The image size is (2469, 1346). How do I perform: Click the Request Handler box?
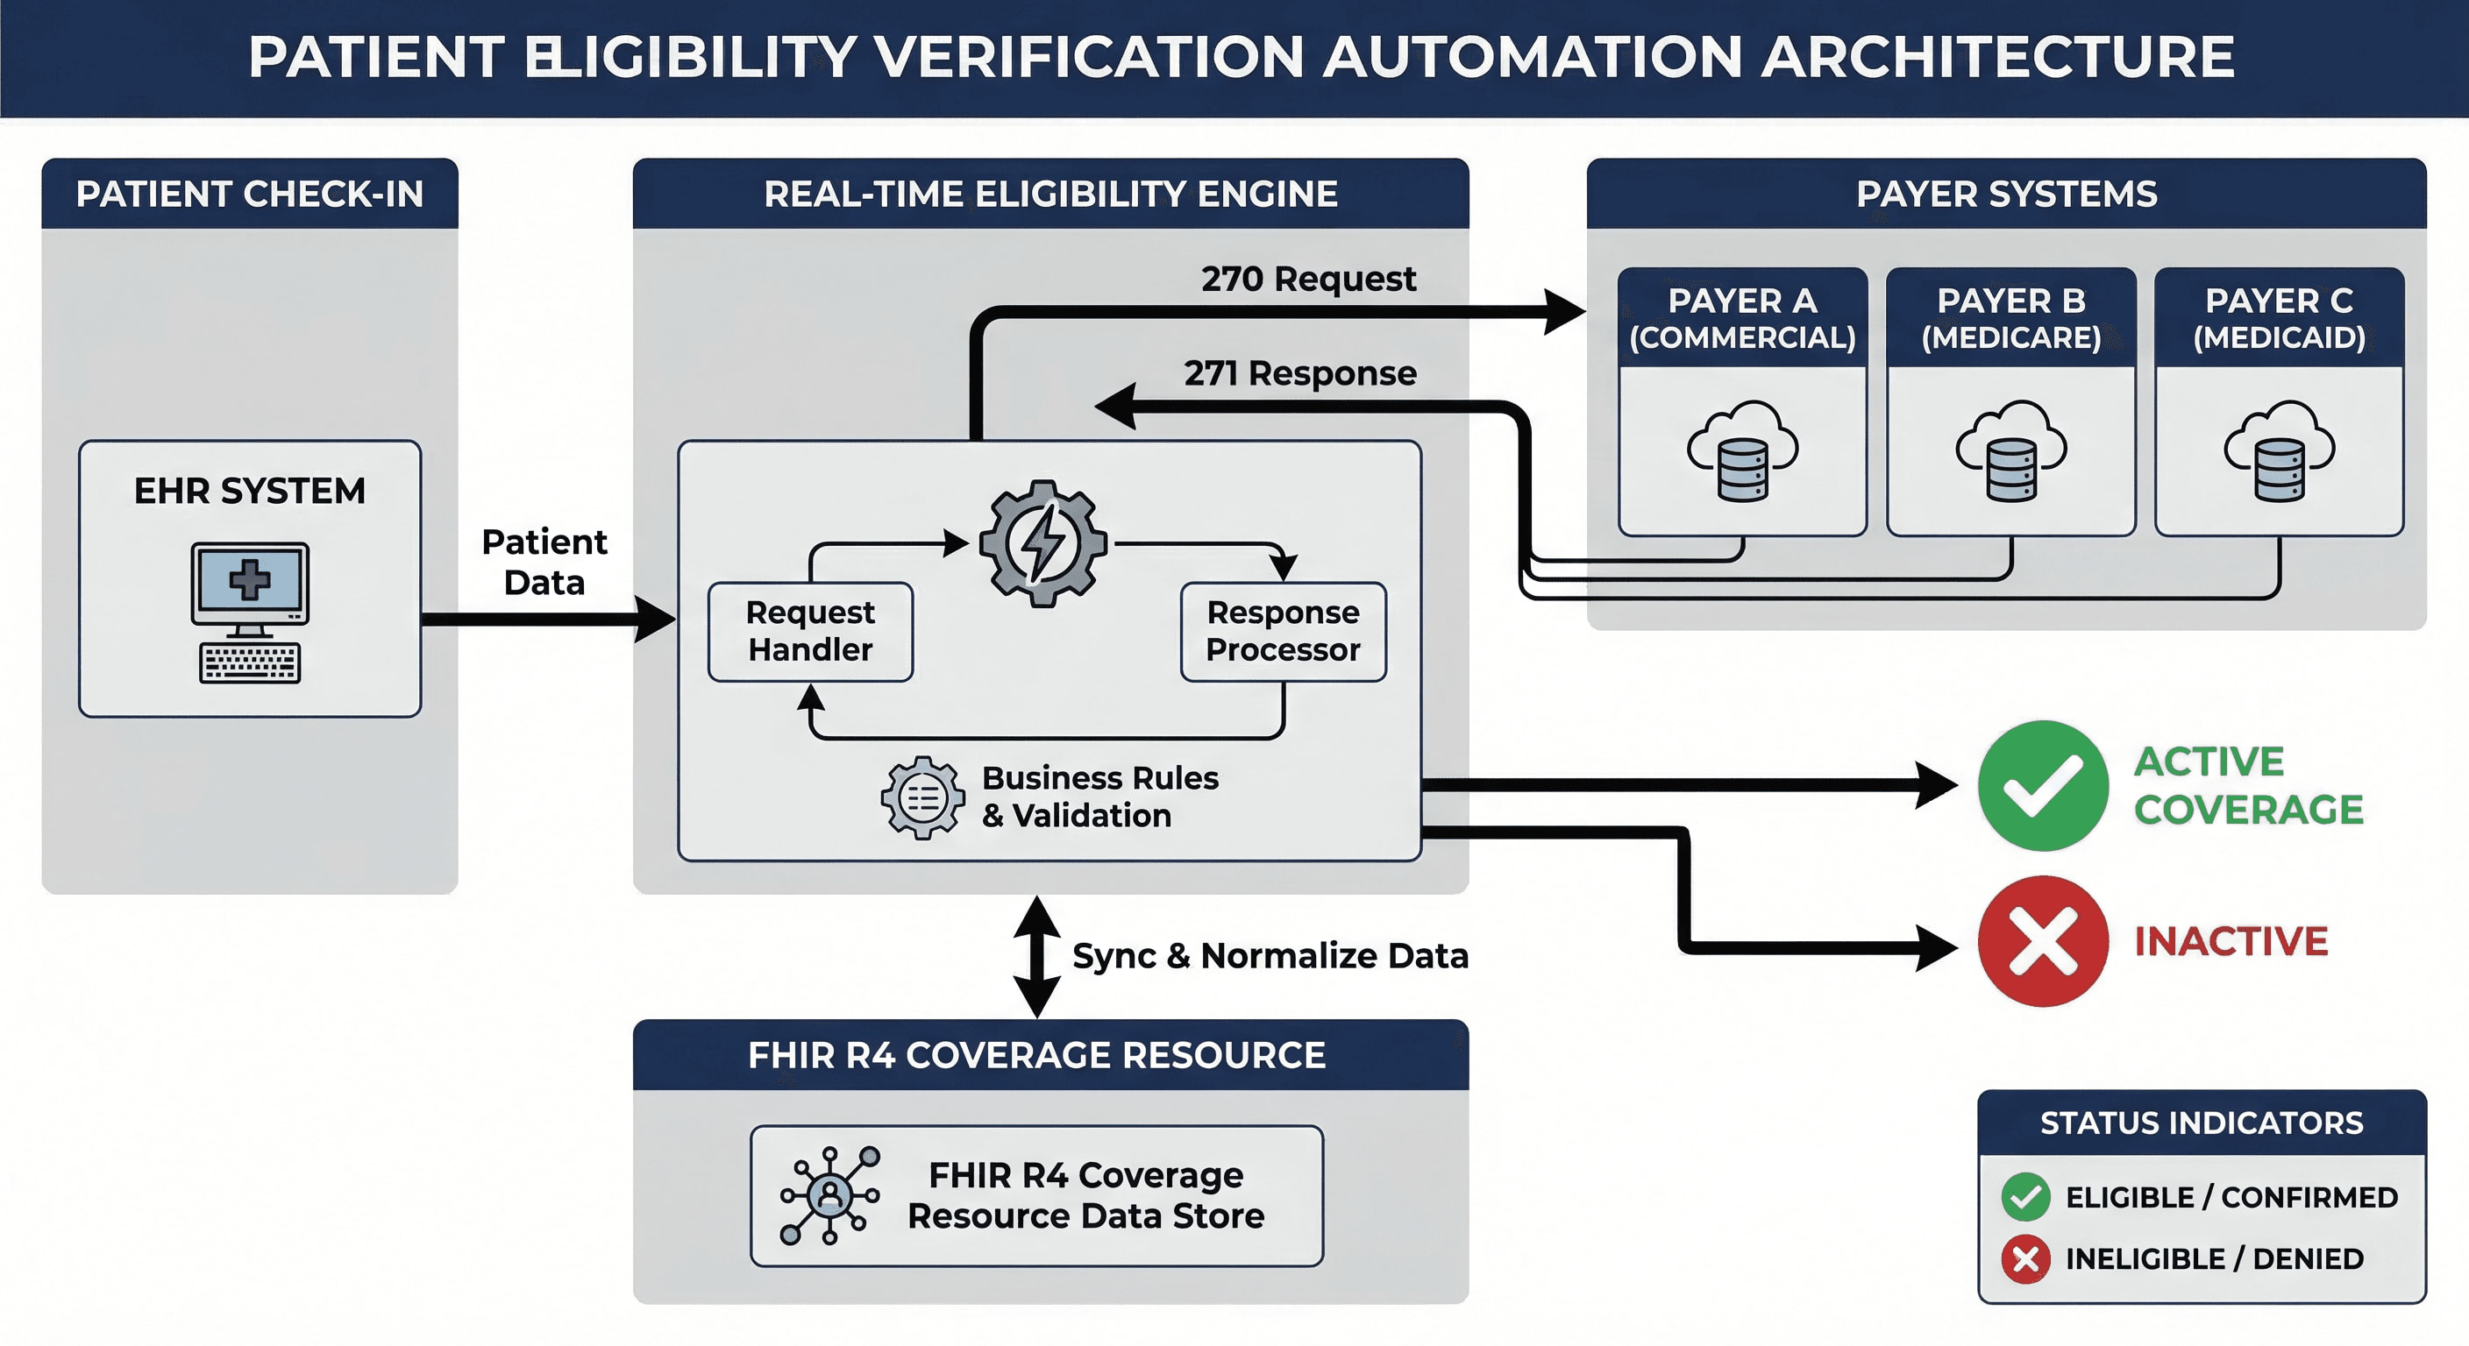click(810, 631)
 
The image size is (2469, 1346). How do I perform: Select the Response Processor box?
click(1283, 631)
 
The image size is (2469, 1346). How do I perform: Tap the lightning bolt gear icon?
click(1042, 543)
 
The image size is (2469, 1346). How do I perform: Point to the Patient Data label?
click(544, 563)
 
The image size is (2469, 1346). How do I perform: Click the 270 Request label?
click(1307, 279)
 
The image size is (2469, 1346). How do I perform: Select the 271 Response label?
click(1299, 372)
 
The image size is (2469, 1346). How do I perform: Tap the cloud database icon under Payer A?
click(1742, 451)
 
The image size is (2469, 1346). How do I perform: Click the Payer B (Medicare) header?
click(2010, 318)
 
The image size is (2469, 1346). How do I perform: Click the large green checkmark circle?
click(2043, 785)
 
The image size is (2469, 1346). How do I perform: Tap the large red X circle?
click(2043, 941)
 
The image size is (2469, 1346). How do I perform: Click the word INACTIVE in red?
click(2231, 941)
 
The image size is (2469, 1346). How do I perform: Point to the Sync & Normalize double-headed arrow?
click(1037, 956)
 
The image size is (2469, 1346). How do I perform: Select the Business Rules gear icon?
click(923, 797)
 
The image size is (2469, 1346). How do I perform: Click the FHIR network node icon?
click(829, 1194)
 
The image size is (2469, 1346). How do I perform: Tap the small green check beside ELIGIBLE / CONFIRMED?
click(2025, 1196)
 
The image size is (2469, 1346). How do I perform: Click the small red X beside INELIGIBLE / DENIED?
click(2025, 1257)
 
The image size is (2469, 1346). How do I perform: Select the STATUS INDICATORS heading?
click(2202, 1122)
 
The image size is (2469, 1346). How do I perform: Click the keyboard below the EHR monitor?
click(250, 663)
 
